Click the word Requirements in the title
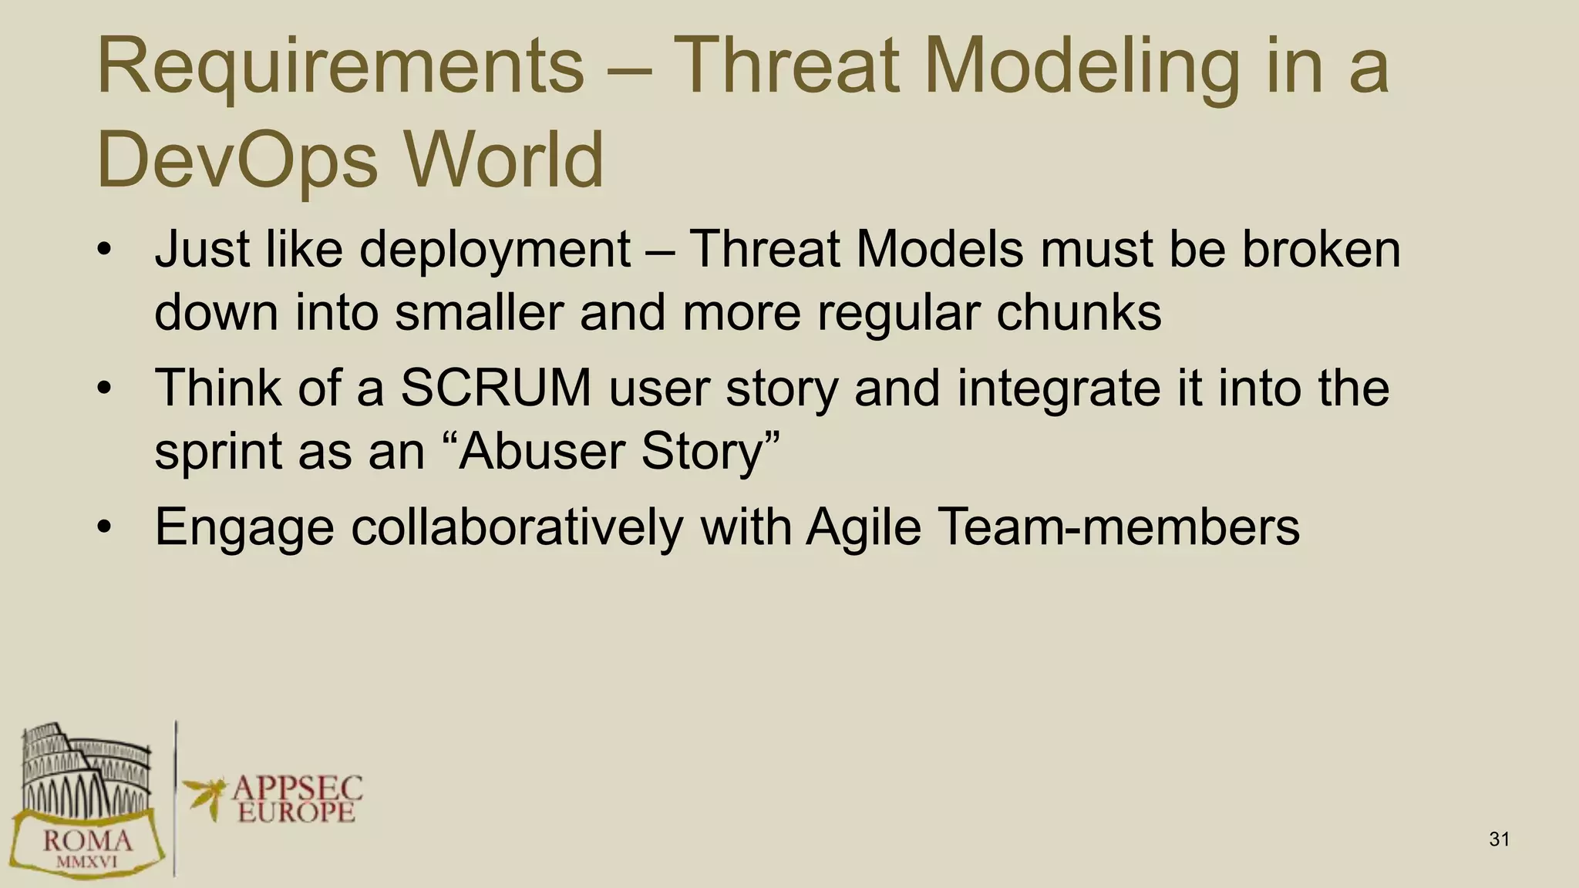339,68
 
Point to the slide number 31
1499,839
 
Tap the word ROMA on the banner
87,839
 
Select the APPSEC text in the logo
297,788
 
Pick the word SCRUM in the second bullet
495,388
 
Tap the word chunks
1078,313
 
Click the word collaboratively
517,527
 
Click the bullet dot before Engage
105,529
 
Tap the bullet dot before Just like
105,251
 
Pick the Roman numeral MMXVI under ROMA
87,862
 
